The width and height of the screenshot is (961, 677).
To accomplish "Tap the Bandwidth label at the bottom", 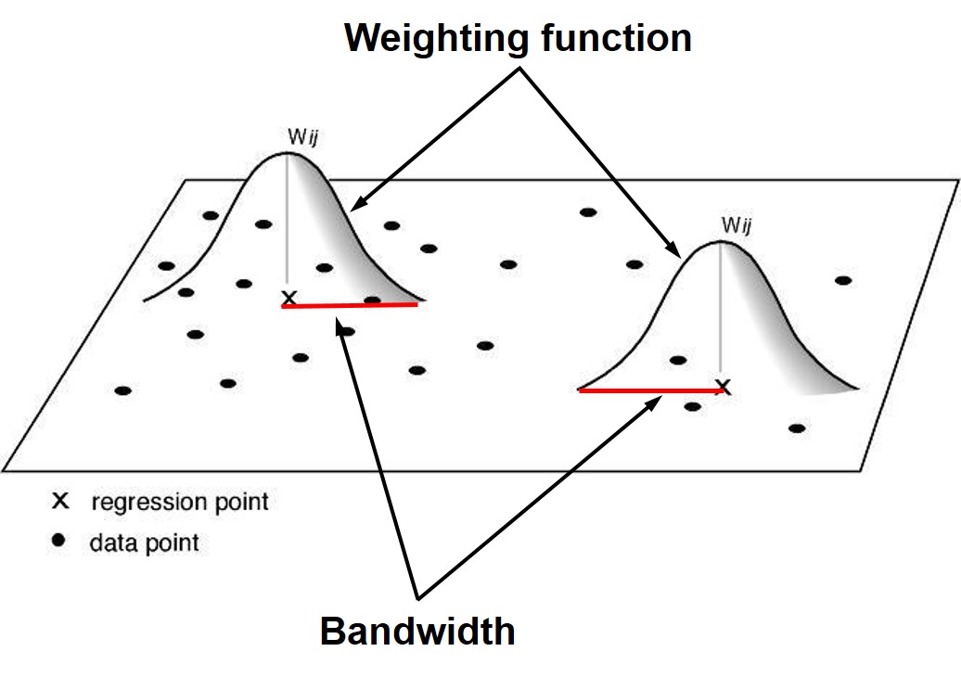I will coord(417,632).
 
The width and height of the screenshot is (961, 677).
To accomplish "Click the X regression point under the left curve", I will coord(289,298).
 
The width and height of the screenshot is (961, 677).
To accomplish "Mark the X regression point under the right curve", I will coord(724,387).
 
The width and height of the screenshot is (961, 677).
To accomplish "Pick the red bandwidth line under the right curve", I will coord(649,391).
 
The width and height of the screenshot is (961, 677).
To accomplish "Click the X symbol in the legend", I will coord(61,502).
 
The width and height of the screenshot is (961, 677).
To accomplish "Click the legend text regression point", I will coord(179,503).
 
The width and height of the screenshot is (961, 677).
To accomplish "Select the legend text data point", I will coord(144,543).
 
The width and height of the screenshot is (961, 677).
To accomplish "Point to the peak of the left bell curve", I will coord(288,151).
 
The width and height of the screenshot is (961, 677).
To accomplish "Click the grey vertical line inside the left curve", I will coord(288,223).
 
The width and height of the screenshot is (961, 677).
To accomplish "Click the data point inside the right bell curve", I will coord(678,360).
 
